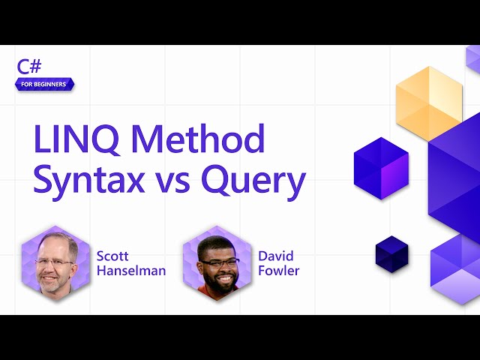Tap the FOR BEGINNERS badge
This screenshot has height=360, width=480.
(44, 84)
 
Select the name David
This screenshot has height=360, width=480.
(276, 256)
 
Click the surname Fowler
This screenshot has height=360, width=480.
(278, 271)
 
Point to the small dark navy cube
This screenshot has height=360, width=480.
(391, 253)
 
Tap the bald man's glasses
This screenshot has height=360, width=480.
(54, 262)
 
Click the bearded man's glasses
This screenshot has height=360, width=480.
(220, 262)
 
